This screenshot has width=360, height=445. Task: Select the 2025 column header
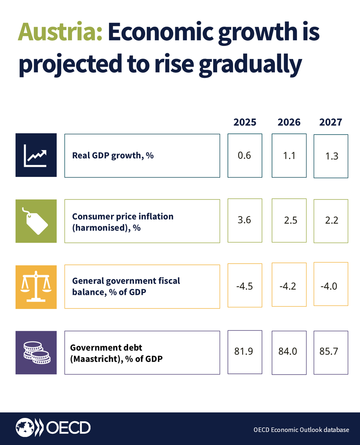coord(245,122)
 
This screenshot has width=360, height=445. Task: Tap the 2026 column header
coord(289,122)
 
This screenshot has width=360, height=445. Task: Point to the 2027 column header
coord(330,122)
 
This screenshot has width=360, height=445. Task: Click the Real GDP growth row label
coord(113,155)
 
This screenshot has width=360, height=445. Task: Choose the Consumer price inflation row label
coord(122,222)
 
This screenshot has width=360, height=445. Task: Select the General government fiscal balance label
coord(126,286)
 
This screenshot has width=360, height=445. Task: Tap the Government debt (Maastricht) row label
coord(116,353)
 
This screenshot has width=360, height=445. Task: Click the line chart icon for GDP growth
coord(36,155)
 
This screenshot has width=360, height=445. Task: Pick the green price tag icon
coord(36,221)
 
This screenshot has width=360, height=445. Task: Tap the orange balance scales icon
coord(36,287)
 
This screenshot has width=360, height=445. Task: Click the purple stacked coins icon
coord(36,353)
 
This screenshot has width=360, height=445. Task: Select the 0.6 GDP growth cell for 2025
coord(245,155)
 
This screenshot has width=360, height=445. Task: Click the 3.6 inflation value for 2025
coord(245,220)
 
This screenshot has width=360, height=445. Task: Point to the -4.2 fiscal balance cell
coord(289,286)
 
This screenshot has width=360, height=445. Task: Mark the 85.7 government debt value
coord(329,351)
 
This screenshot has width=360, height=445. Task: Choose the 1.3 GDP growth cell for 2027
coord(331,156)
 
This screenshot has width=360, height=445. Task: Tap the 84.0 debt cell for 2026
coord(288,351)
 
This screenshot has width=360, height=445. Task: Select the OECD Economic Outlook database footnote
coord(301,430)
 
